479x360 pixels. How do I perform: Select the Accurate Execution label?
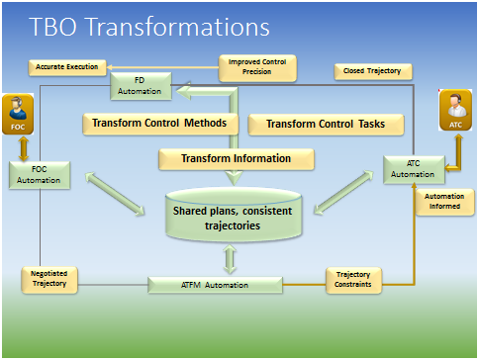pos(66,67)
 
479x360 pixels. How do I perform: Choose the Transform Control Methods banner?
pos(161,124)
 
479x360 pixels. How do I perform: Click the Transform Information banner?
pos(236,158)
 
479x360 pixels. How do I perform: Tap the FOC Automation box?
pos(37,175)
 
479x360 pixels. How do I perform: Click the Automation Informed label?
pos(440,201)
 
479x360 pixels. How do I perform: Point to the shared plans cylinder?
pos(231,216)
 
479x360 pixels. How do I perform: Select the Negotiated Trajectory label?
pos(50,279)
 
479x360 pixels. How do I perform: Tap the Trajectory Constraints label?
pos(353,279)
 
